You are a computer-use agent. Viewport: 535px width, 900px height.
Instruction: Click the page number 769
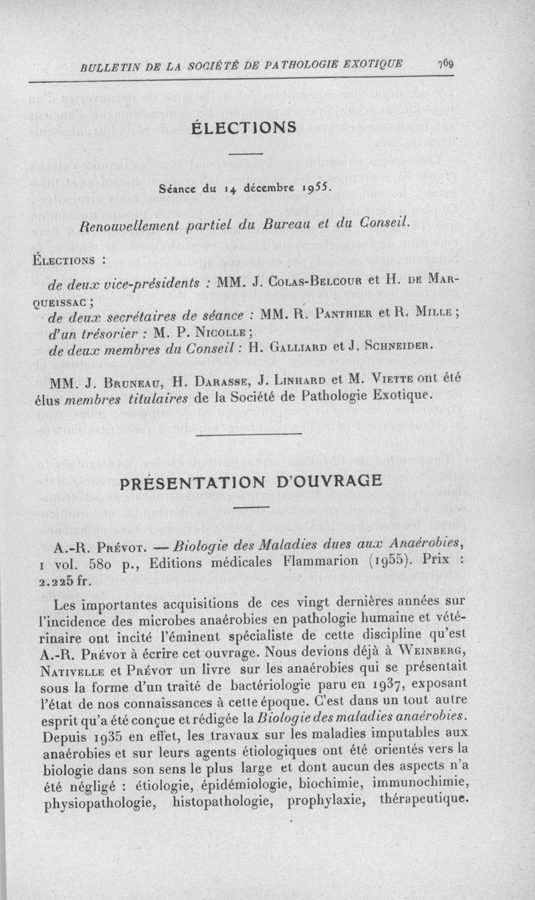[446, 64]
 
